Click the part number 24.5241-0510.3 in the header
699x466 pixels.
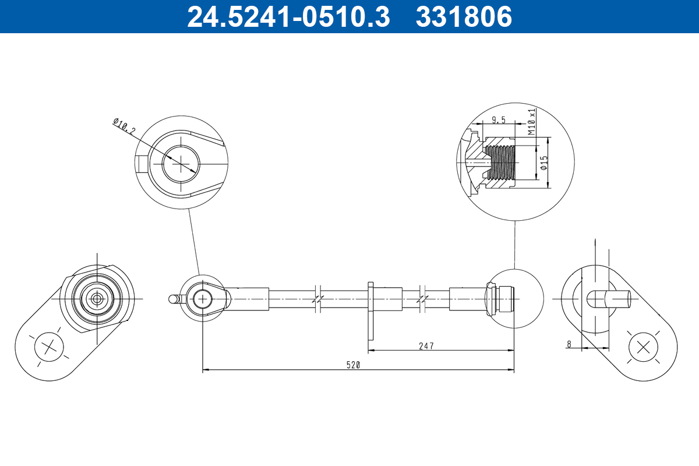288,17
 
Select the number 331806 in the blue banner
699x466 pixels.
464,17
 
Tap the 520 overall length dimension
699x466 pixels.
354,365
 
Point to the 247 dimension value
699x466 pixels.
426,345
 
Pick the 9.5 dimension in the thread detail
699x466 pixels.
498,120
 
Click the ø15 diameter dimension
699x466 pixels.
543,163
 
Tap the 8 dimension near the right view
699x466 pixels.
569,344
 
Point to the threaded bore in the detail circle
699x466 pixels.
502,162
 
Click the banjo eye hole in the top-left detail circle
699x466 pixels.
181,162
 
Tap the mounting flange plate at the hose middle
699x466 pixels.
370,310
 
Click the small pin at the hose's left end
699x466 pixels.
173,299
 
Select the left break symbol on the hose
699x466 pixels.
317,299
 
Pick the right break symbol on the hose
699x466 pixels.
423,299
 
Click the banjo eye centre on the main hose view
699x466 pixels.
202,299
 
